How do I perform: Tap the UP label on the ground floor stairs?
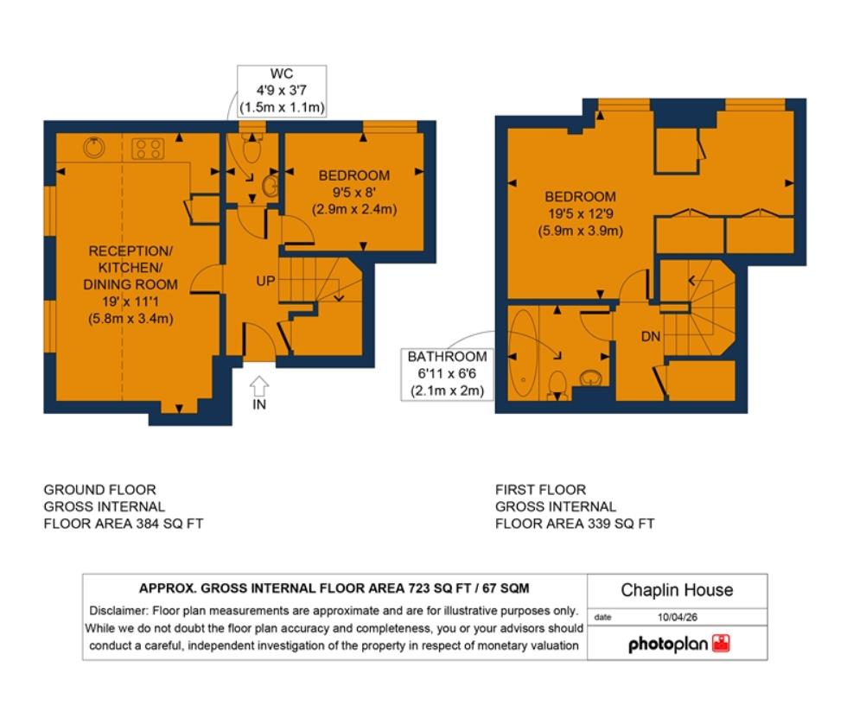264,282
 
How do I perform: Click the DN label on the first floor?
651,336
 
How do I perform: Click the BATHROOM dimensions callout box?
447,373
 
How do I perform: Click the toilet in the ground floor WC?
252,150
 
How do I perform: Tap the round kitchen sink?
94,148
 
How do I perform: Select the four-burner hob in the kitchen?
148,149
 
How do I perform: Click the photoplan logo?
679,644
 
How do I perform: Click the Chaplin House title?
677,591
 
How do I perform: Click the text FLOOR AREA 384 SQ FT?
124,524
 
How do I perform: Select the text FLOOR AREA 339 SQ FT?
575,524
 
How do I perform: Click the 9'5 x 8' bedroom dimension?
354,193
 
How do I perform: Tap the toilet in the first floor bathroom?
558,383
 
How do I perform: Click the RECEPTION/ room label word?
131,251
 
